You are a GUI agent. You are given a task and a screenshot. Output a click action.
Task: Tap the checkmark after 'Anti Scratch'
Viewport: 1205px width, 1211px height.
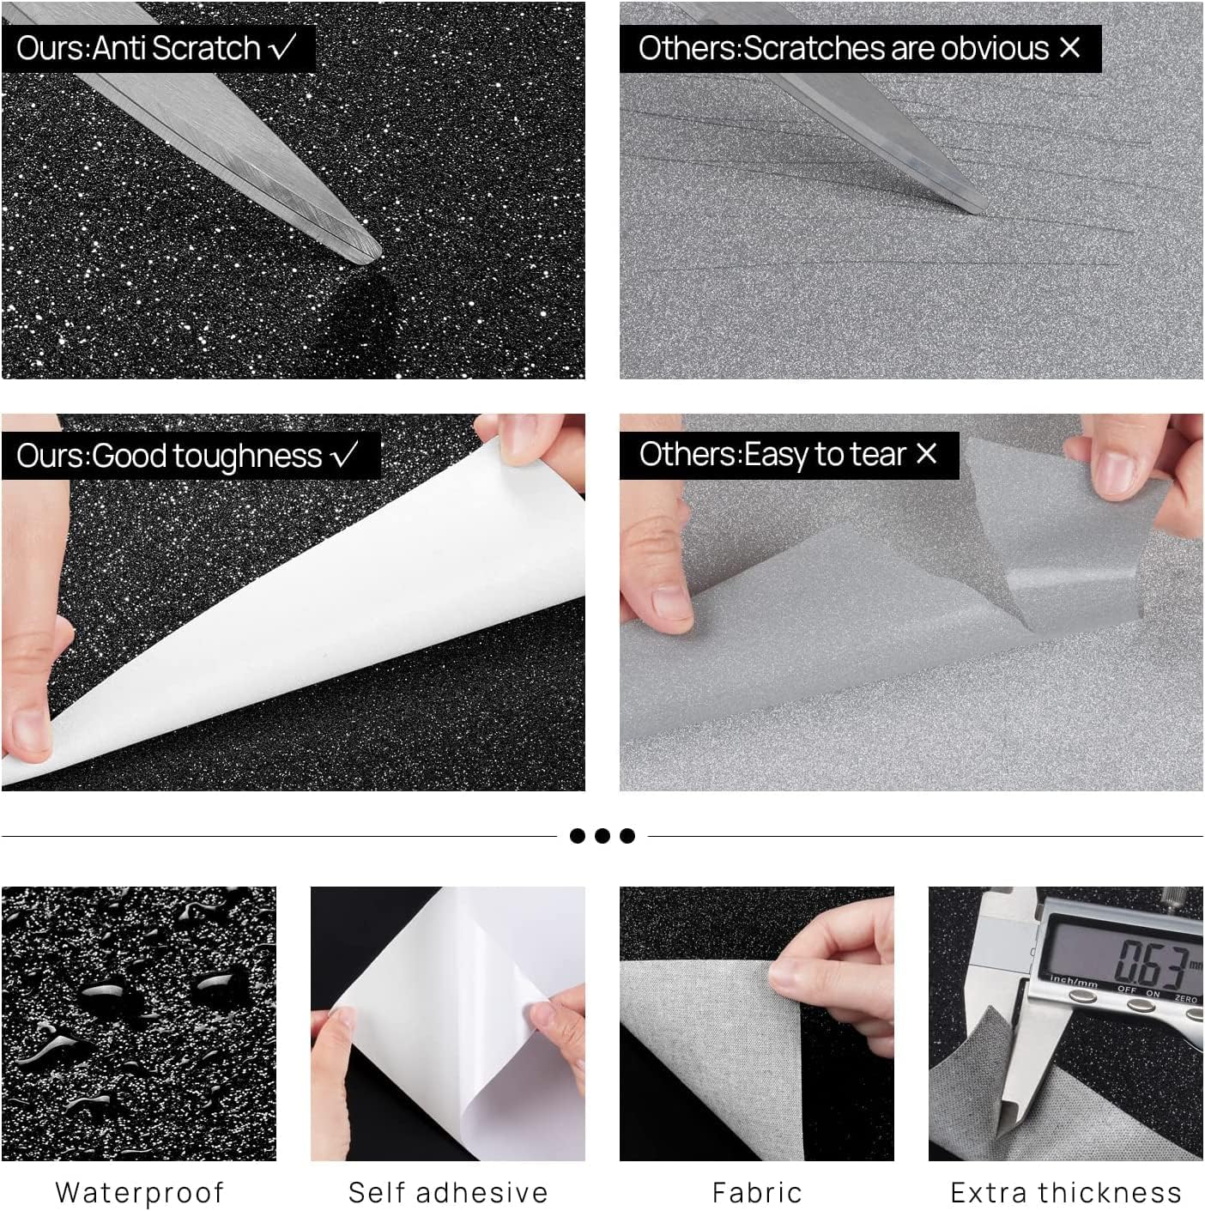(x=282, y=47)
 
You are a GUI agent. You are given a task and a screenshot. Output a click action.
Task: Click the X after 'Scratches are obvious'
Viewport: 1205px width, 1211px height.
(x=1069, y=47)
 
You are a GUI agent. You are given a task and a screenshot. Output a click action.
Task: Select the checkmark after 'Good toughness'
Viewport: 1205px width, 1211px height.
(x=345, y=454)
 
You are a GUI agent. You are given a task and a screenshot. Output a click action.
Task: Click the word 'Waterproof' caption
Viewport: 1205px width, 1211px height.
(x=139, y=1192)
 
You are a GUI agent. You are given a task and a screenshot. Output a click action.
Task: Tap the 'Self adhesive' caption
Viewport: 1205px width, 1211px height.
(x=447, y=1192)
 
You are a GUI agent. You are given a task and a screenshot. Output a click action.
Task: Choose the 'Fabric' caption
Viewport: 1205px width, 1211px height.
(x=756, y=1192)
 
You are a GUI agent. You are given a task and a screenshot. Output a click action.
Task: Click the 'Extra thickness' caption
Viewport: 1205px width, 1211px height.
(x=1065, y=1192)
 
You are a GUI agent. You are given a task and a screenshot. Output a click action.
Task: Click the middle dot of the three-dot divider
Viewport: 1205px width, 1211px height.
(x=602, y=836)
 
